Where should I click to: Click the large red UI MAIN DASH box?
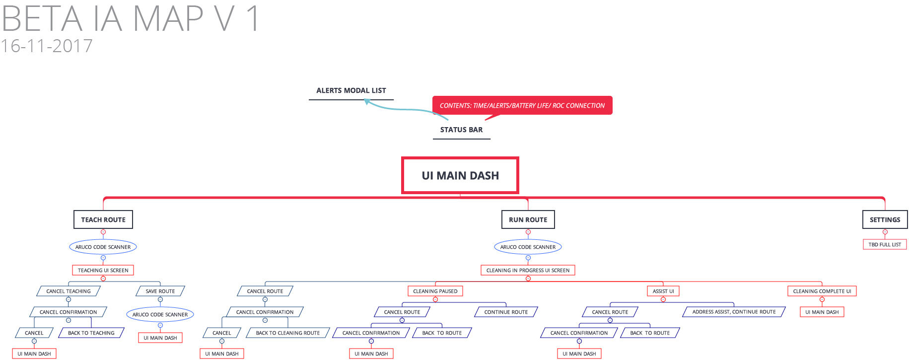460,175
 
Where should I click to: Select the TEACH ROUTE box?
103,219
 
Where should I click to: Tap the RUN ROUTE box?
528,219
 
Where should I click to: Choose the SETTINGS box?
885,219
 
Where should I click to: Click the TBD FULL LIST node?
885,244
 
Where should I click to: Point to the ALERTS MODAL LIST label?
351,90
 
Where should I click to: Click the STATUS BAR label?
461,130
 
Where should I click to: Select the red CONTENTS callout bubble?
522,105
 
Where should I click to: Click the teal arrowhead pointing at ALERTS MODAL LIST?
367,101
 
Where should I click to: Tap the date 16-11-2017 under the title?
47,46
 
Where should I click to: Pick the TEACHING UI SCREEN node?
103,270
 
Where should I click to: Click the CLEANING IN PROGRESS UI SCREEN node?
528,270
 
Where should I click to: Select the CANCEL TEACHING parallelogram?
69,291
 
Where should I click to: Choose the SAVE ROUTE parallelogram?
160,291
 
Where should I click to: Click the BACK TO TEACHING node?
91,333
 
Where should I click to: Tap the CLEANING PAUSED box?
435,291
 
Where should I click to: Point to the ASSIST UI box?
663,291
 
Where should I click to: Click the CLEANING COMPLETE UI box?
822,291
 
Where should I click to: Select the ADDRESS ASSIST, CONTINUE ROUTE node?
734,312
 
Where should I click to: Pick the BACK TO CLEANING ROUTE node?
288,333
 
